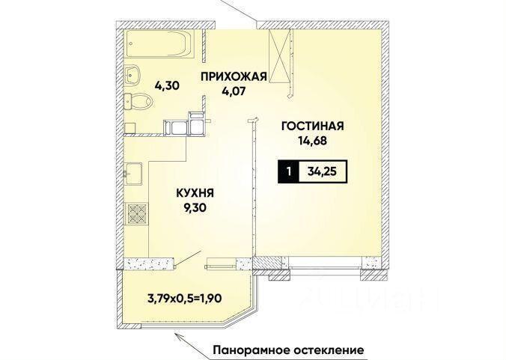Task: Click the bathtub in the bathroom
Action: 159,44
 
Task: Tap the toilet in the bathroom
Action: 138,101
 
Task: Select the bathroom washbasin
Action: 132,75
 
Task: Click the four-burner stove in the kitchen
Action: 136,214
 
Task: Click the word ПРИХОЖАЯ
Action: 234,77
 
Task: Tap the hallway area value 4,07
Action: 234,91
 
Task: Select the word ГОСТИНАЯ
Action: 313,126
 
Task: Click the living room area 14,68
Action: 313,141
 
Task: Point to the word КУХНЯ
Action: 195,193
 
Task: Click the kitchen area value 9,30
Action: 195,208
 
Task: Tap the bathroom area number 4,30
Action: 167,86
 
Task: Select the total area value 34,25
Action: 322,171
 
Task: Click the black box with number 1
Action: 289,171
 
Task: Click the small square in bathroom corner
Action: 129,128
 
